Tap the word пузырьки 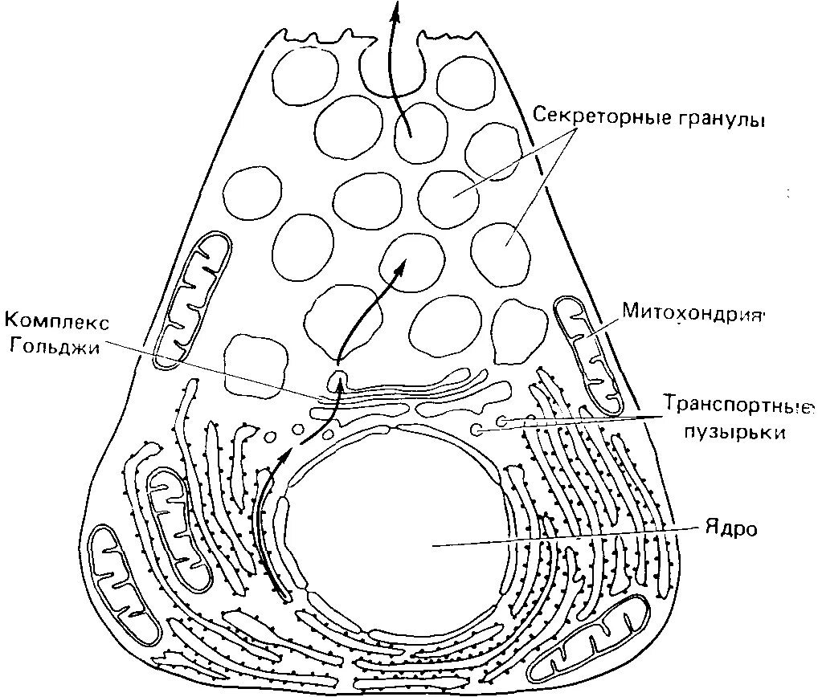(733, 431)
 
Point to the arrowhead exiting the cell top (394, 10)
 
